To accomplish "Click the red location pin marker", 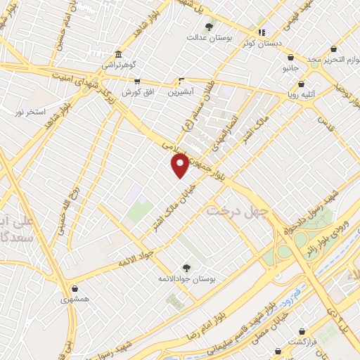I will click(x=181, y=165).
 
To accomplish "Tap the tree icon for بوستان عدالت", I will click(x=209, y=27).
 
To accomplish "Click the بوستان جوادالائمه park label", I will click(x=186, y=279).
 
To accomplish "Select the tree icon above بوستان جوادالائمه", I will click(x=186, y=267).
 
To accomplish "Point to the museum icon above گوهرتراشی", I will click(x=117, y=54).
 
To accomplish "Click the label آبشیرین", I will click(x=181, y=91).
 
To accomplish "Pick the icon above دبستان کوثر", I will click(x=262, y=32).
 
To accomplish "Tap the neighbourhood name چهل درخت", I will click(x=233, y=210).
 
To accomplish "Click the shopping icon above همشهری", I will click(x=75, y=288).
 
